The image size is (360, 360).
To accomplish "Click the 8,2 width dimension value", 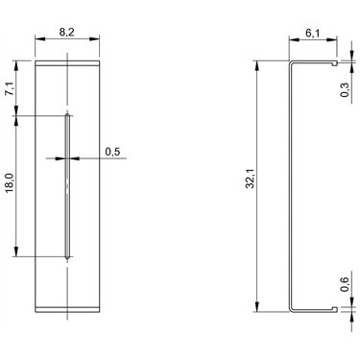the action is pyautogui.click(x=66, y=32).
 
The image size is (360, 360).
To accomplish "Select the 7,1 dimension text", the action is pyautogui.click(x=11, y=88).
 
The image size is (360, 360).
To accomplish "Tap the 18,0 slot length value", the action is pyautogui.click(x=11, y=182).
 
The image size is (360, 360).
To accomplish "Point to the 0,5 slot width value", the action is pyautogui.click(x=112, y=151).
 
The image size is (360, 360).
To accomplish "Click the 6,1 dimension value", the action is pyautogui.click(x=312, y=33).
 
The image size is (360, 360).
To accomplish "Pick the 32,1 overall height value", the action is pyautogui.click(x=250, y=179).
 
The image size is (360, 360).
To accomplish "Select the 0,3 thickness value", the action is pyautogui.click(x=345, y=90).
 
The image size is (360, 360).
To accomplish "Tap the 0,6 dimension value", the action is pyautogui.click(x=345, y=284).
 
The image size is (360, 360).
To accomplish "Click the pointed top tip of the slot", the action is pyautogui.click(x=67, y=112).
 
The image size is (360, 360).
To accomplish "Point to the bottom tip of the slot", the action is pyautogui.click(x=67, y=258).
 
